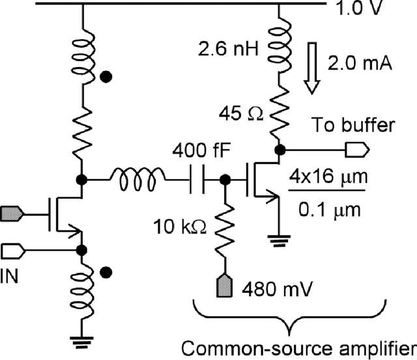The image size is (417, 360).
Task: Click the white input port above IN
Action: pos(14,249)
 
